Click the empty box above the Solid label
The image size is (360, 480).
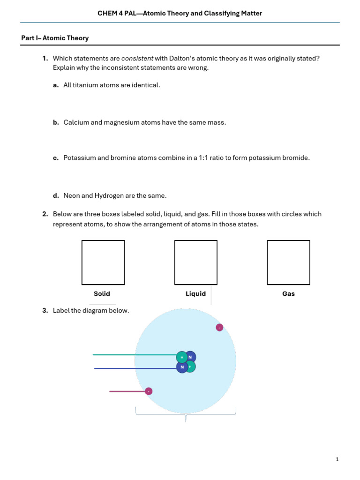click(103, 262)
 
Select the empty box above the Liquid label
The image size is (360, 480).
click(196, 262)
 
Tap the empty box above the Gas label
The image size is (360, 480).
click(289, 262)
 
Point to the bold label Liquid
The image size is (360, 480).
click(195, 294)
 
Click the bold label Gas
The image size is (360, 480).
click(289, 294)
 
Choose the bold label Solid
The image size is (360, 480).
click(102, 294)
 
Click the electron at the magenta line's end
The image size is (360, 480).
click(149, 391)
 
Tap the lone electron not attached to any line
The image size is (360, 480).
click(219, 327)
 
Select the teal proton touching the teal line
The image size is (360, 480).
click(181, 357)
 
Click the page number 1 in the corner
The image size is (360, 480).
click(337, 460)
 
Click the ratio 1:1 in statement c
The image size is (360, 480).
click(205, 158)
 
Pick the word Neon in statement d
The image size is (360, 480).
click(72, 195)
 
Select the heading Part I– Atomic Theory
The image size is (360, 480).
click(55, 38)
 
